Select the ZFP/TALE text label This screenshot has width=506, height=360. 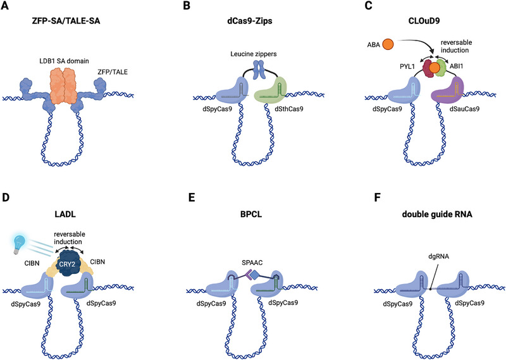113,72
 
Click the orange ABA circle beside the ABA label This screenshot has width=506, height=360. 388,44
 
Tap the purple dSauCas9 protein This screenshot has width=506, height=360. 448,90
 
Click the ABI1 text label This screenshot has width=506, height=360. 456,66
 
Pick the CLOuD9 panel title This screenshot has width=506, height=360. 424,22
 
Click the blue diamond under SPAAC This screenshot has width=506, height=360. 255,275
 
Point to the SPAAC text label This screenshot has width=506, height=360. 252,263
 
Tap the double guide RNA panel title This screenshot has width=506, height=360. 437,214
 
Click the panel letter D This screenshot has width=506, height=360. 5,197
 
